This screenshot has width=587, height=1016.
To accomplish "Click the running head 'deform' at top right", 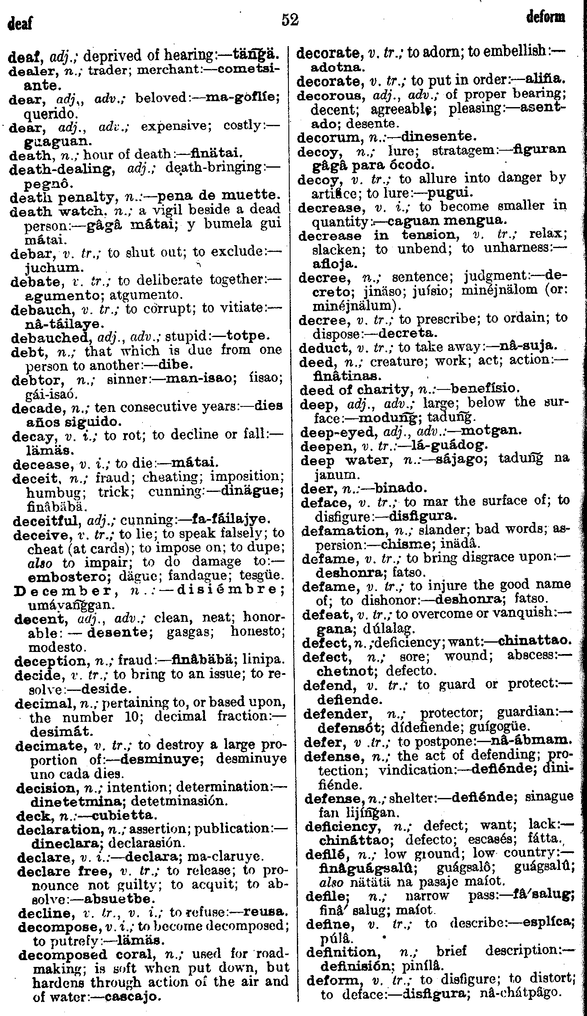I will [546, 17].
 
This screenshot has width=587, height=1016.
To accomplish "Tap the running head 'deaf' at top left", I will [20, 22].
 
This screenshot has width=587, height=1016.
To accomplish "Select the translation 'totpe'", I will [248, 337].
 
